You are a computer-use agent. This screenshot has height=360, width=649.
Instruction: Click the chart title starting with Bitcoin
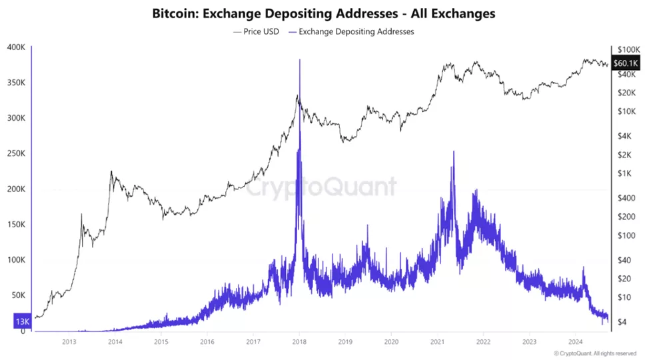324,13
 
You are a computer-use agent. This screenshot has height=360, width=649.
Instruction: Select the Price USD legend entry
256,31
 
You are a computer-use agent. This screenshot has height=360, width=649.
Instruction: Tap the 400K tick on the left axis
16,47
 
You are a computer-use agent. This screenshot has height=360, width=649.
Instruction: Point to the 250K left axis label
16,153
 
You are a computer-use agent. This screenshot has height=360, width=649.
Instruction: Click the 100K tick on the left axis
16,260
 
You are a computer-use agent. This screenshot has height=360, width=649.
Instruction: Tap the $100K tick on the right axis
628,50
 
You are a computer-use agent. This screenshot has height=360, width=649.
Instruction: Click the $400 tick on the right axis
626,198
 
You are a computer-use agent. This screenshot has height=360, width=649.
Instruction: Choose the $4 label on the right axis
622,322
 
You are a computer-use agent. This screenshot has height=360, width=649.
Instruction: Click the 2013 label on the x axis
69,342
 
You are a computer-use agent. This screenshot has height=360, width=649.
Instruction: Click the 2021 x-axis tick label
437,342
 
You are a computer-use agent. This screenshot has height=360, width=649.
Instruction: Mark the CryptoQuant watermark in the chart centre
322,187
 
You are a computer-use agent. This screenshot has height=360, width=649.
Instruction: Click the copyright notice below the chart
595,353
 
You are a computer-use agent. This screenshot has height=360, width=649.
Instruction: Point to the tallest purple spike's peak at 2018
300,60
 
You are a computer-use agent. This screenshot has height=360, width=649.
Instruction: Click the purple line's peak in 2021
454,151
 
